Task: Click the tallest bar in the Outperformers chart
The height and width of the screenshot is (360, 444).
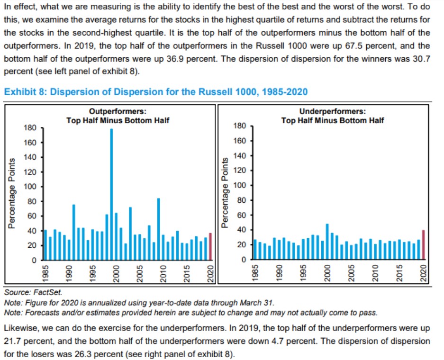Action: coord(111,194)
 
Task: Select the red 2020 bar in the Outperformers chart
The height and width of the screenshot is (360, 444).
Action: coord(210,246)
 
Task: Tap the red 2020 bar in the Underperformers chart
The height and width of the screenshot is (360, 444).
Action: coord(423,244)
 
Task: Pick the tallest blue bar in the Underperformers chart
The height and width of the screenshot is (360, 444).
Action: coord(327,242)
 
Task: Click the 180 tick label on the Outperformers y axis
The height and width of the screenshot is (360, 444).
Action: coord(30,128)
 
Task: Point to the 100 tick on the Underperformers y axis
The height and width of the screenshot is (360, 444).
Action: coord(240,185)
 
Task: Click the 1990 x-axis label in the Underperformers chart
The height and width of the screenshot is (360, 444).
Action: coord(279,273)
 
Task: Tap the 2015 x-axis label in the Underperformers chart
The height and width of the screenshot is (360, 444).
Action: coord(399,273)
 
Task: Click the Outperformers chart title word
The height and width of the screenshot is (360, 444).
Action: coord(118,111)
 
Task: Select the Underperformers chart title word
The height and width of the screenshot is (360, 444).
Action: coord(333,111)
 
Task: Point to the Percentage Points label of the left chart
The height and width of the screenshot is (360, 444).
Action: coord(12,193)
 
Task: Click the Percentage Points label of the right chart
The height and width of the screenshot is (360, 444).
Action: coord(225,193)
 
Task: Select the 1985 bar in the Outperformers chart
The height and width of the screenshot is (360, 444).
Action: coord(45,245)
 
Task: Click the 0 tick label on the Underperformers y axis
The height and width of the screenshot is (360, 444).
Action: coord(244,260)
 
